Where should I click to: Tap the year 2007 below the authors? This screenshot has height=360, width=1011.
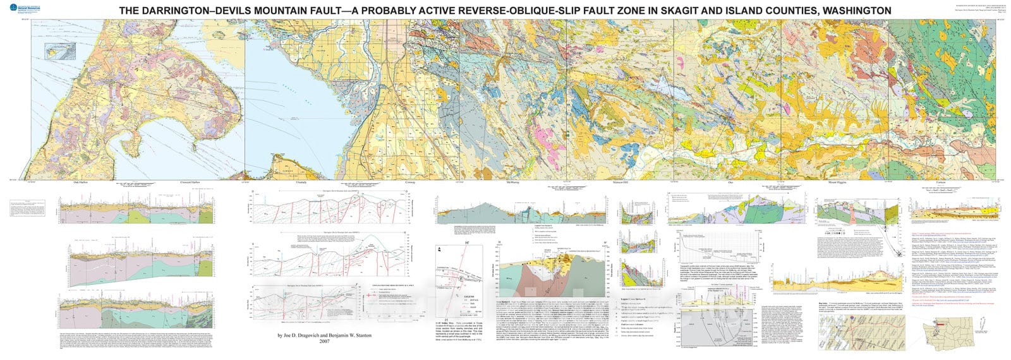(x=325, y=341)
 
